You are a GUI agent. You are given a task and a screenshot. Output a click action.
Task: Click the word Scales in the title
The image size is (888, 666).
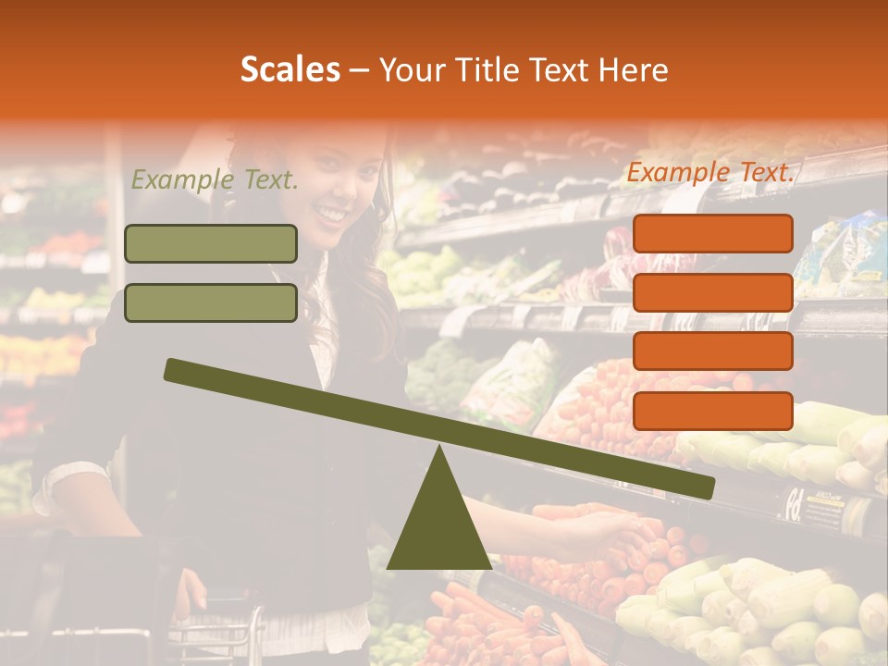tap(290, 69)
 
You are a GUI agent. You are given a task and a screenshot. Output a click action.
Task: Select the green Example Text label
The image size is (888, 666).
tap(215, 180)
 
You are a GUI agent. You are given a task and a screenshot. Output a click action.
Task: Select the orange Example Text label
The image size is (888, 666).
tap(710, 172)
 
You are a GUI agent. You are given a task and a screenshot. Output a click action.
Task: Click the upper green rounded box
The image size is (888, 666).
tap(211, 243)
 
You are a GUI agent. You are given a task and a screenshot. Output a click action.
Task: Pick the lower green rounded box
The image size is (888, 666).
tap(211, 302)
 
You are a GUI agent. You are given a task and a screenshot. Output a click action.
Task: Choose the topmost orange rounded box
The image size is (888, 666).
tap(712, 233)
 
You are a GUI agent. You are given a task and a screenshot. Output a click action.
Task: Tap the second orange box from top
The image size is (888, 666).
tap(712, 292)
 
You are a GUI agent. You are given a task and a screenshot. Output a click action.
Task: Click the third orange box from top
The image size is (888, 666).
tap(712, 351)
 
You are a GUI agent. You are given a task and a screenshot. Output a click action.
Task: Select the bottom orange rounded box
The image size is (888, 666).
tap(712, 411)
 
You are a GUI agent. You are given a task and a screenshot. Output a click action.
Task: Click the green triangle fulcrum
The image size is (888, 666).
tap(438, 523)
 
